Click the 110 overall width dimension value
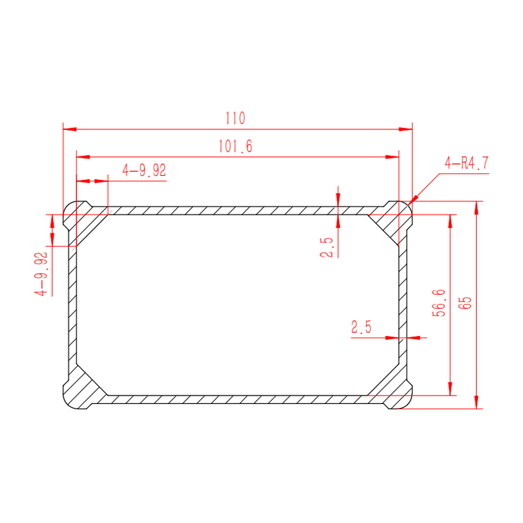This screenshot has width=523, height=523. tap(235, 118)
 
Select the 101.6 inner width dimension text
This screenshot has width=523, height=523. tap(235, 146)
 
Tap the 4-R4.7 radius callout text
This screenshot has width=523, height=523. tap(466, 163)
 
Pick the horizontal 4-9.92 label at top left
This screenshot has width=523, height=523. tap(144, 170)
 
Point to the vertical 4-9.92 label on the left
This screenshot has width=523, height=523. tap(41, 274)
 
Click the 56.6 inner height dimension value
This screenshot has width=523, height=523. tap(439, 303)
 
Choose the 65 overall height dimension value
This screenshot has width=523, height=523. tap(465, 303)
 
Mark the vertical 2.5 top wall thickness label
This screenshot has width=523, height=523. tap(326, 247)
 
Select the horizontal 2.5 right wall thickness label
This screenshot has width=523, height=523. tap(361, 327)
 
